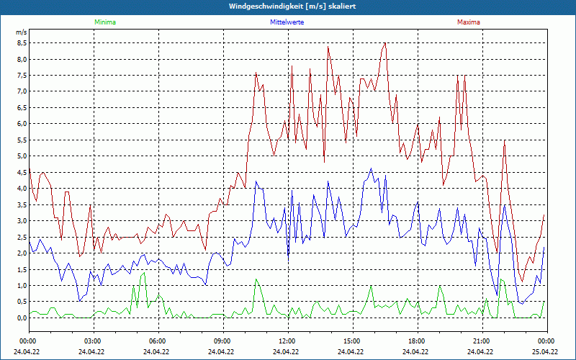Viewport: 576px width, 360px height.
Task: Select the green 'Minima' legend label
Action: click(104, 22)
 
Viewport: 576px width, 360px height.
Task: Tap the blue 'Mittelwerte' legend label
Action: click(287, 22)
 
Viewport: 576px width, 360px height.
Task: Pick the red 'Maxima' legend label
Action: click(469, 22)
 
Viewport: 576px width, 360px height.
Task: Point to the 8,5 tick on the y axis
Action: click(22, 42)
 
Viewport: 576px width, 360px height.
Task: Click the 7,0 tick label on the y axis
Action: click(22, 91)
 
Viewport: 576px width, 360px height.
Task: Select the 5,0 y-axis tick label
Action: click(22, 156)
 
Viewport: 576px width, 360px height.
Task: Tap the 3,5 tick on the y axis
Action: click(22, 204)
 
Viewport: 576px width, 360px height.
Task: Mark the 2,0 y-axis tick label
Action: click(22, 253)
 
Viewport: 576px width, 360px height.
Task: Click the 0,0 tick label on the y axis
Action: click(22, 318)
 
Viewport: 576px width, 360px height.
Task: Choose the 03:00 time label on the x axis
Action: click(93, 341)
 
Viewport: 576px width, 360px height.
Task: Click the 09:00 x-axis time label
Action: click(222, 341)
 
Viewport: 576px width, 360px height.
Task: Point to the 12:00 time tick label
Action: click(287, 341)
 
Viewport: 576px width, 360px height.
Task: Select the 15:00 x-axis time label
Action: click(351, 341)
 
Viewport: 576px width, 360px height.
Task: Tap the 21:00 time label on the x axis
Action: click(481, 341)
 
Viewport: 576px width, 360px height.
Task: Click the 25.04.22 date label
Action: click(546, 352)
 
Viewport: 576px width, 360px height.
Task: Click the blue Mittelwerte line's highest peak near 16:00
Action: click(372, 168)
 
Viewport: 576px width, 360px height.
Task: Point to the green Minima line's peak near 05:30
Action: click(144, 273)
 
